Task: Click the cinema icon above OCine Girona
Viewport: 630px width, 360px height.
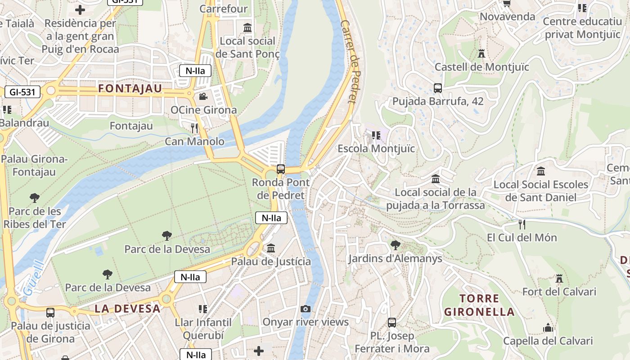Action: click(x=203, y=96)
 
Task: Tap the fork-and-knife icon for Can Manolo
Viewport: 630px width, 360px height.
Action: click(x=194, y=128)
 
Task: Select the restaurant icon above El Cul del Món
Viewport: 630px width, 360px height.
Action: click(x=522, y=224)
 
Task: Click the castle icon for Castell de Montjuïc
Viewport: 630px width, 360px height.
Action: click(x=481, y=54)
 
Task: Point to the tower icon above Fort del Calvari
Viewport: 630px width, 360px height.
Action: click(x=559, y=279)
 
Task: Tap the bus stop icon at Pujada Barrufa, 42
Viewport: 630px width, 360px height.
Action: click(x=438, y=88)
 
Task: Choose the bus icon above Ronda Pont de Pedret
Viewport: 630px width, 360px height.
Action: click(x=281, y=169)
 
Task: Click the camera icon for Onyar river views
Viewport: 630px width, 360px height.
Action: click(x=306, y=309)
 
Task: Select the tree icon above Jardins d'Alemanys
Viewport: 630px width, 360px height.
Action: click(x=396, y=245)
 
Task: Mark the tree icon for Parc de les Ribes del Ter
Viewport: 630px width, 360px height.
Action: click(x=35, y=198)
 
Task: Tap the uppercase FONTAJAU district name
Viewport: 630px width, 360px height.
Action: click(x=130, y=89)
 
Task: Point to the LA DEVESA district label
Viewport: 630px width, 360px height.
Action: click(x=127, y=309)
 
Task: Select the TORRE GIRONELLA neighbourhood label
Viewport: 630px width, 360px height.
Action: click(x=479, y=305)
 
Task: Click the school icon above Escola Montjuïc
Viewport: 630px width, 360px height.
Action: click(x=376, y=135)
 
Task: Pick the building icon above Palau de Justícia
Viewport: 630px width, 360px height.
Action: click(x=271, y=248)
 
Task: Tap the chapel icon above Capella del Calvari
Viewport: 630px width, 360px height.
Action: click(x=548, y=328)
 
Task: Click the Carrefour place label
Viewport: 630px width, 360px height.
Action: click(x=223, y=9)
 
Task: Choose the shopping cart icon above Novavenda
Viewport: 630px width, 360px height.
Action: click(x=507, y=4)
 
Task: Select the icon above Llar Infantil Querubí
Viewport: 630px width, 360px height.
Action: click(x=203, y=309)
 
